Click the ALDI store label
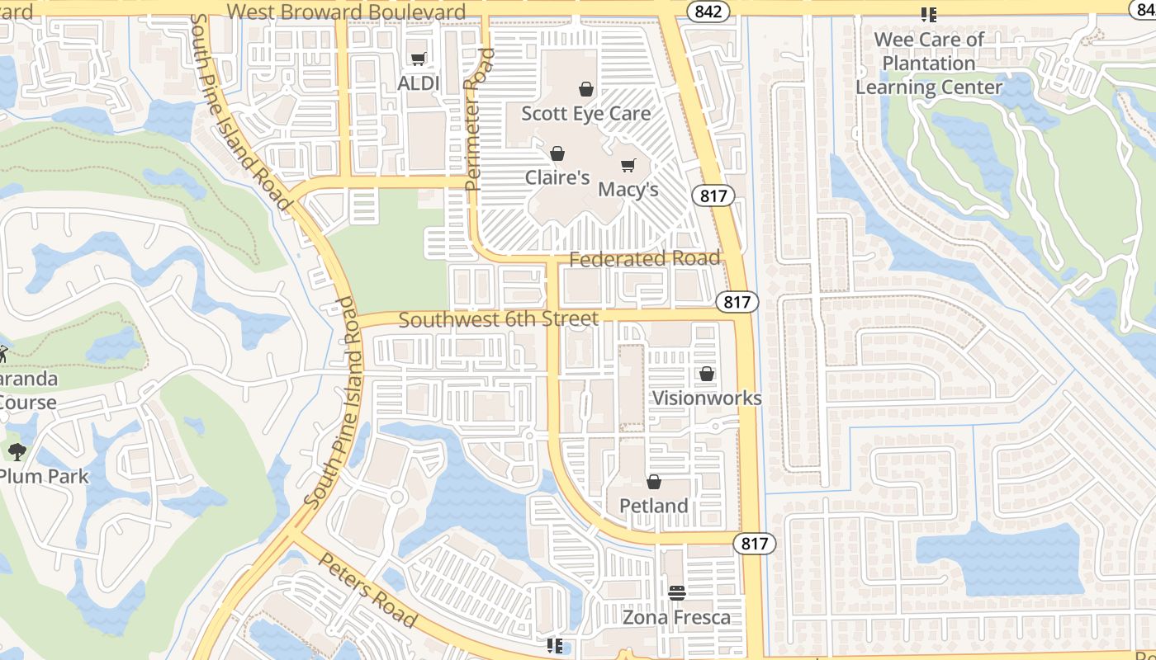tap(419, 83)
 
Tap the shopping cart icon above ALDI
tap(419, 59)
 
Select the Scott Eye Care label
tap(586, 113)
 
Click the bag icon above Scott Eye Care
tap(586, 89)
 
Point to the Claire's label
tap(557, 177)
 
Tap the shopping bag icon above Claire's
tap(557, 153)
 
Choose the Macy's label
tap(628, 189)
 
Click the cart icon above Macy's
tap(628, 165)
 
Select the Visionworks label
tap(707, 398)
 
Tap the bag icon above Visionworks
tap(707, 374)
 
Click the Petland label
tap(654, 505)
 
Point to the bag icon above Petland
tap(654, 482)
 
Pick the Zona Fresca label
tap(676, 617)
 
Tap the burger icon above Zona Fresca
tap(676, 592)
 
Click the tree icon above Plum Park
tap(17, 451)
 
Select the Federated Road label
tap(645, 259)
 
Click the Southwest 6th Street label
tap(499, 319)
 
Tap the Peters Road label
tap(367, 590)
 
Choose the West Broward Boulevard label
tap(346, 12)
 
